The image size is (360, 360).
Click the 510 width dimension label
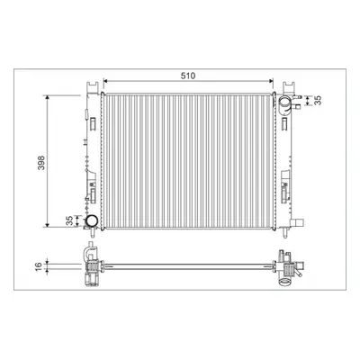click(x=188, y=76)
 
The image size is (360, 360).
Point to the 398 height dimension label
click(x=41, y=163)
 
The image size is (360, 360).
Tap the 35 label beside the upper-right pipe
click(x=319, y=100)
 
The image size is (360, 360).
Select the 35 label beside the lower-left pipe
click(x=69, y=220)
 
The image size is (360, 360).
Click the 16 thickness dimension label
click(x=38, y=266)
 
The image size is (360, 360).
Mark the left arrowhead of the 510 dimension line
click(x=105, y=80)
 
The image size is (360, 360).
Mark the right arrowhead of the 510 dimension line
click(x=271, y=80)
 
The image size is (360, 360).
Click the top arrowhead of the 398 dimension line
click(x=47, y=97)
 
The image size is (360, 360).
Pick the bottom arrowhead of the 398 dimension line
click(x=47, y=224)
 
